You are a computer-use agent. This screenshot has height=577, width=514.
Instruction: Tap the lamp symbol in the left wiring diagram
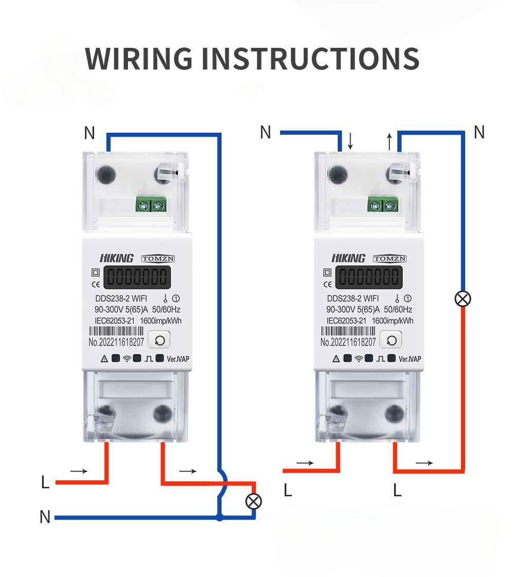[253, 501]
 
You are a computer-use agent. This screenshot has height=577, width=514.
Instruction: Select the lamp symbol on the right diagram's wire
[463, 298]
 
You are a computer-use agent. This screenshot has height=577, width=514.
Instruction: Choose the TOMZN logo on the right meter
[389, 259]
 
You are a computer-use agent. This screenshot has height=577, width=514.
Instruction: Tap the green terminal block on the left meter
[151, 206]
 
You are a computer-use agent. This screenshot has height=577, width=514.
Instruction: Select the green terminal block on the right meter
[383, 206]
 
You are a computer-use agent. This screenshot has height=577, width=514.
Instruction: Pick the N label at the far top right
[479, 133]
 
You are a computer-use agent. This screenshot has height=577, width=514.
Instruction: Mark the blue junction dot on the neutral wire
[220, 517]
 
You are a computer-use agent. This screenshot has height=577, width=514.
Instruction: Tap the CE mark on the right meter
[327, 283]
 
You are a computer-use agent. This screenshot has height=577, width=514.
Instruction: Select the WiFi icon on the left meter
[126, 358]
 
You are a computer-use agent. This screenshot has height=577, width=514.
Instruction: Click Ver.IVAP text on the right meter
[410, 358]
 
